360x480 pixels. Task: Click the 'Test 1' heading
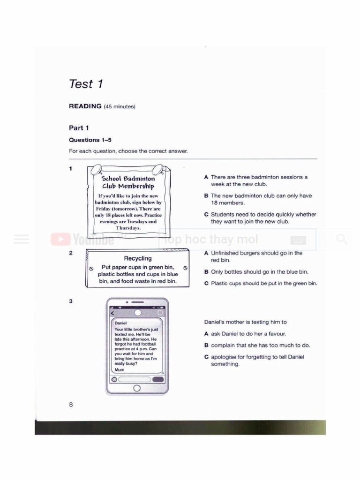(x=86, y=84)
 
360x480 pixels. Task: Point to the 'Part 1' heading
(x=79, y=128)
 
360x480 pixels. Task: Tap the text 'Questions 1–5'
(x=90, y=140)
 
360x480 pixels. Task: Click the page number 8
(x=71, y=404)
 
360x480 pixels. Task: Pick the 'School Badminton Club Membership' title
(x=128, y=182)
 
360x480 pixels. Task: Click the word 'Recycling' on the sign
(x=138, y=258)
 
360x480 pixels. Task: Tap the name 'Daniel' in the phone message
(x=121, y=323)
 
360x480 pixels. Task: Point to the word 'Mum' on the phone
(x=120, y=369)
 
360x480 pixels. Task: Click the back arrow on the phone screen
(x=112, y=313)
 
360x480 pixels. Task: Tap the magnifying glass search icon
(x=342, y=240)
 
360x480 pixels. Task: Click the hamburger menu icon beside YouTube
(x=22, y=240)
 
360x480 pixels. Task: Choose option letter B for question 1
(x=206, y=196)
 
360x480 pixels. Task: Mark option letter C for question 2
(x=206, y=284)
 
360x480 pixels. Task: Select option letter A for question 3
(x=206, y=334)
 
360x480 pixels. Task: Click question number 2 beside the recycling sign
(x=70, y=253)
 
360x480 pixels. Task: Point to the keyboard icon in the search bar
(x=298, y=240)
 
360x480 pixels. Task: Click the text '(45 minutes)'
(x=120, y=107)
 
